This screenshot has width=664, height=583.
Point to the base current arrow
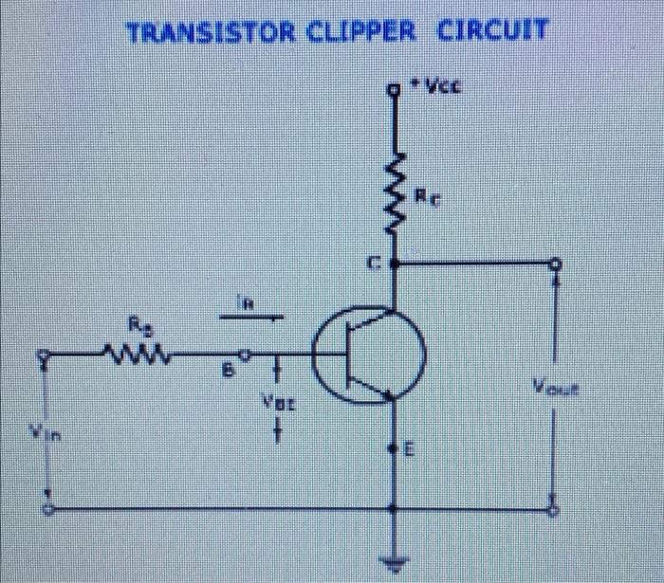[x=249, y=319]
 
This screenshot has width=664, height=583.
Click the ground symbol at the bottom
[x=396, y=560]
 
